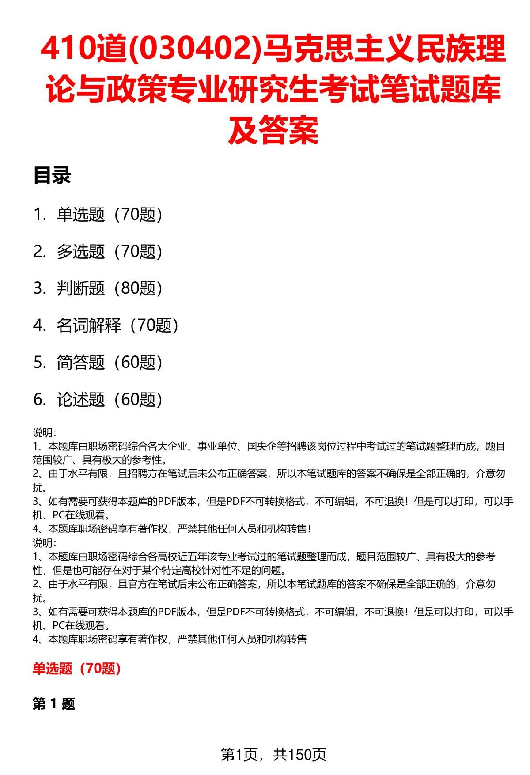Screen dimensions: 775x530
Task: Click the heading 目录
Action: (x=52, y=176)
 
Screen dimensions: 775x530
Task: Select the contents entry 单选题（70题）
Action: (x=110, y=215)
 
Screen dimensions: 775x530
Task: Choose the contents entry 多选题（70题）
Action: (x=110, y=252)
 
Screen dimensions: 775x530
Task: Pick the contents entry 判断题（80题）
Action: (x=110, y=289)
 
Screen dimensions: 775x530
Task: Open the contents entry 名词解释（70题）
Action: (x=117, y=326)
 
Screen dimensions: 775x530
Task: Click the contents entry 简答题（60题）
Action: (x=110, y=363)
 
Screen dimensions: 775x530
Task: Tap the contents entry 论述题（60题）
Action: (x=110, y=400)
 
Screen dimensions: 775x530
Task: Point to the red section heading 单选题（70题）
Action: (x=77, y=669)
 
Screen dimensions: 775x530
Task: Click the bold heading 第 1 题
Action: (x=54, y=704)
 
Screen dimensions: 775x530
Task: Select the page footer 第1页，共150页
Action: (x=273, y=755)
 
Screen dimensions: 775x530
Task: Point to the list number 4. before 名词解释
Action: (x=39, y=326)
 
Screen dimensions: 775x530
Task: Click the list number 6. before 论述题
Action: (x=39, y=400)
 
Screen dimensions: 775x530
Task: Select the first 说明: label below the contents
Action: (x=44, y=433)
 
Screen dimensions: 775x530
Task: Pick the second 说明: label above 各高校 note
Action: (x=44, y=543)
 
